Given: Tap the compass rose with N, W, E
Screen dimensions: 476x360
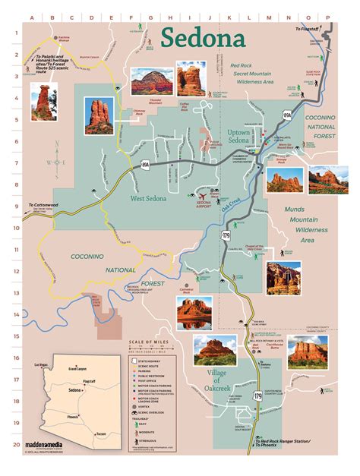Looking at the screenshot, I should (51, 162).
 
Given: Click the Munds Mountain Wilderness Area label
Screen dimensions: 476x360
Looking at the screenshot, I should (307, 223).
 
